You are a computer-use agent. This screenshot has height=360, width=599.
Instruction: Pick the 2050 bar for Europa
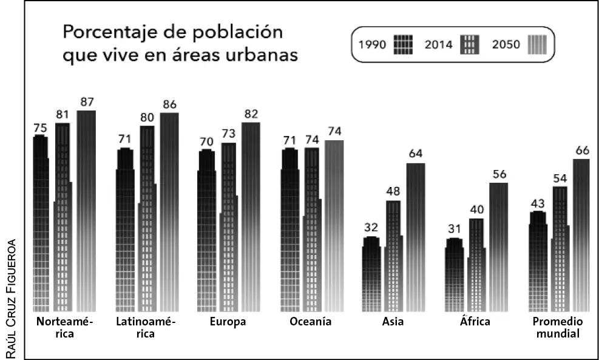click(251, 216)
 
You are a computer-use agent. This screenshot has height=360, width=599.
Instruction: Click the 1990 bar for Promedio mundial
click(538, 262)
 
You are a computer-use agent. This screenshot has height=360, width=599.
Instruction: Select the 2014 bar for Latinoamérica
click(147, 219)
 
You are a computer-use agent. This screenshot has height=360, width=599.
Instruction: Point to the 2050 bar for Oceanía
click(334, 225)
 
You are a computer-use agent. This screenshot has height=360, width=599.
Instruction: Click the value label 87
click(86, 102)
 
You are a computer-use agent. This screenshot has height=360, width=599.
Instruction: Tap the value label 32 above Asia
click(371, 228)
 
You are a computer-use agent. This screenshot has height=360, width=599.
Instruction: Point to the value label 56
click(499, 174)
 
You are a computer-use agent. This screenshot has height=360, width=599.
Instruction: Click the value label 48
click(393, 192)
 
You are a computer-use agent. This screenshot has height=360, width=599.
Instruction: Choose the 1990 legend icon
click(403, 44)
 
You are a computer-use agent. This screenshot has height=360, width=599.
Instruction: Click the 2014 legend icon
click(470, 44)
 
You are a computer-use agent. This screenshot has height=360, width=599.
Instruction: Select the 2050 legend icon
click(537, 44)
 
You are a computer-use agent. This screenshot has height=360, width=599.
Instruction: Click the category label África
click(475, 321)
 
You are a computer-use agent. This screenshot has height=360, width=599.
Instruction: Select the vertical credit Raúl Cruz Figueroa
click(12, 297)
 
